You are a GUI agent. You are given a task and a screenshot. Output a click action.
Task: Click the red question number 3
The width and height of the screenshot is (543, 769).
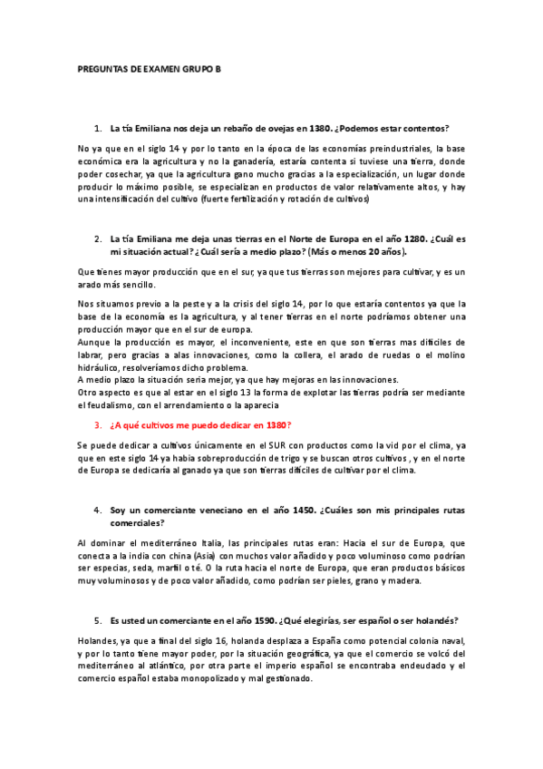98,424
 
